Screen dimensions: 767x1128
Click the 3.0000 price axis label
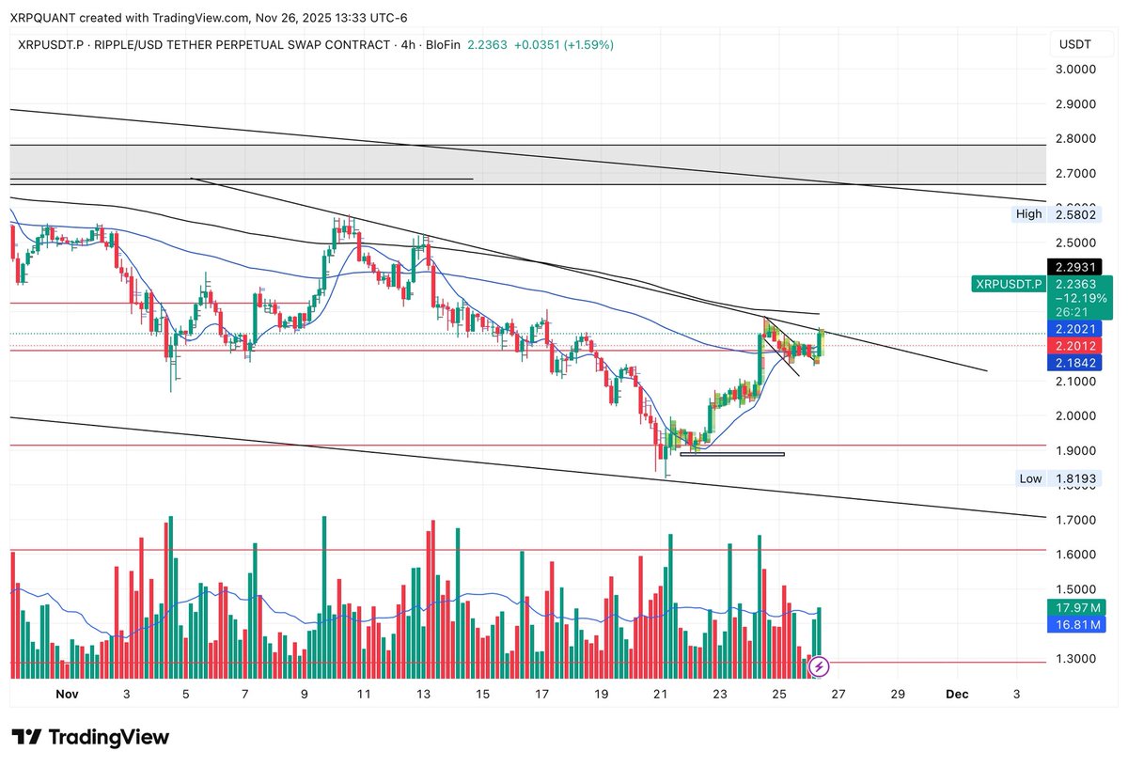(1076, 70)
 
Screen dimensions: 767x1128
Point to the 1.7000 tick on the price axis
(1076, 520)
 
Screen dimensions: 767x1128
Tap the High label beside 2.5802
(1028, 214)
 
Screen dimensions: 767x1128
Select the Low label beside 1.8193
(1030, 478)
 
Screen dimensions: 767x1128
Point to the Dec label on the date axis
(957, 694)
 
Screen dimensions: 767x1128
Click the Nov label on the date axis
(66, 694)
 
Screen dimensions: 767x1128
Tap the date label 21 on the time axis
(660, 694)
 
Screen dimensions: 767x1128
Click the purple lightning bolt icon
(819, 666)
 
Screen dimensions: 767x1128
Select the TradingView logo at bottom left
(90, 737)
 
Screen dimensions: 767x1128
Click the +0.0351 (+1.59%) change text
(563, 44)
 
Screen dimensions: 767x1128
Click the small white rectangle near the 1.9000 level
(731, 454)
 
